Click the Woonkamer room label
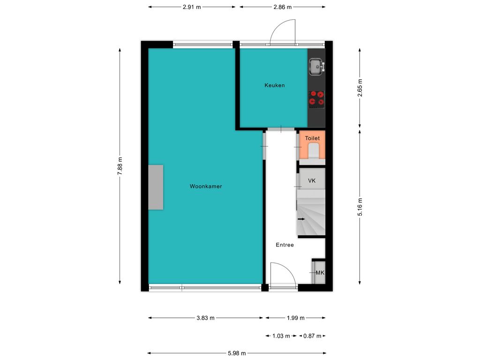[206, 186]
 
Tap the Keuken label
[275, 85]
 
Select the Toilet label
[312, 138]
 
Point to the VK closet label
[312, 180]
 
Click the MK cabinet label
[320, 272]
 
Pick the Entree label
[285, 245]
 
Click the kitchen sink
[316, 67]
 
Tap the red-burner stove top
[316, 99]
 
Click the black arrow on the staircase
[301, 219]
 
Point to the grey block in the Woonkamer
[156, 187]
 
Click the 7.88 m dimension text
[120, 166]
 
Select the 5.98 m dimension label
[237, 353]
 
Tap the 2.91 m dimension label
[192, 7]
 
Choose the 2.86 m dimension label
[283, 7]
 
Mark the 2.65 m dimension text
[360, 88]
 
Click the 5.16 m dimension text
[360, 207]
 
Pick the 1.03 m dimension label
[281, 336]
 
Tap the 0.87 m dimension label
[312, 336]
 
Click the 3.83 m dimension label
[205, 318]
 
